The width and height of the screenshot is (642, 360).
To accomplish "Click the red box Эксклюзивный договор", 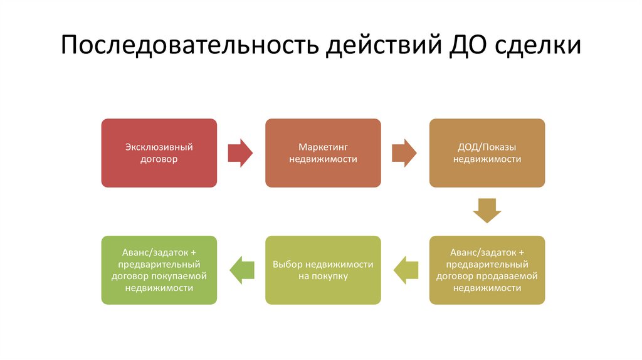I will pyautogui.click(x=159, y=153).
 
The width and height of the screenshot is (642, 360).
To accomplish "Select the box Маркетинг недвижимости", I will pyautogui.click(x=323, y=153).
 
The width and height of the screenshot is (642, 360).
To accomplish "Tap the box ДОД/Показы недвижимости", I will pyautogui.click(x=487, y=153).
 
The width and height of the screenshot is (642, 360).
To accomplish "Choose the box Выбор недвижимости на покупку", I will pyautogui.click(x=323, y=270).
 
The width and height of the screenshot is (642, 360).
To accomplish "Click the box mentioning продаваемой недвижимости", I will pyautogui.click(x=487, y=270).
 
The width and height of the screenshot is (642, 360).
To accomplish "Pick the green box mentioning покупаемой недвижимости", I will pyautogui.click(x=159, y=270).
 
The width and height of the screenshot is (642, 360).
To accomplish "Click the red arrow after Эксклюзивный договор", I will pyautogui.click(x=240, y=153).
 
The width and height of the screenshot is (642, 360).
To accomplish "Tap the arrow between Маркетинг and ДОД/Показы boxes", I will pyautogui.click(x=404, y=153).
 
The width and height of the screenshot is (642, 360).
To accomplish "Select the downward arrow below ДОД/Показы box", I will pyautogui.click(x=487, y=211).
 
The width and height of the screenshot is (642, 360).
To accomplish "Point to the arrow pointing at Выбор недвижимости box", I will pyautogui.click(x=406, y=270).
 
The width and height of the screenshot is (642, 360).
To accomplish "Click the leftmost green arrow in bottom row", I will pyautogui.click(x=241, y=270).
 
